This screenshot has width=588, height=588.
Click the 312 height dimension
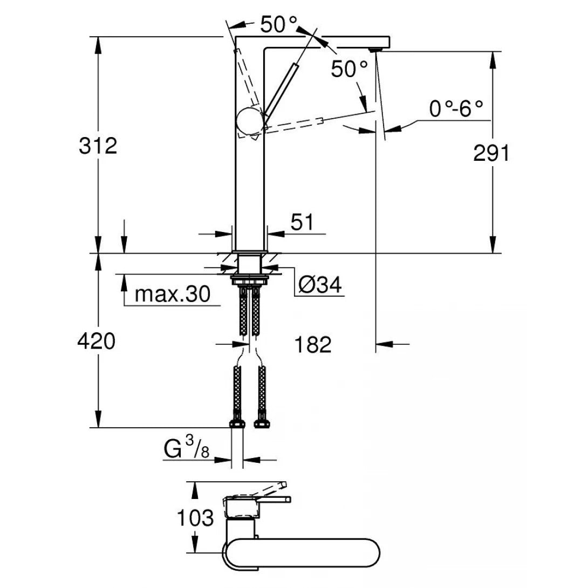97,146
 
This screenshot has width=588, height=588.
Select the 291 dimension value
491,154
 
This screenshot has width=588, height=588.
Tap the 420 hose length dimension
97,341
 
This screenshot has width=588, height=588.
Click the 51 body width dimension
302,222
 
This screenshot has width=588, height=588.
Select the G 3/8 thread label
186,448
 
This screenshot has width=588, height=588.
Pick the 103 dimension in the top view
195,518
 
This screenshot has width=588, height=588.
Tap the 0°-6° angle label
456,109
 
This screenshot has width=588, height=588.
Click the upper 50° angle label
278,25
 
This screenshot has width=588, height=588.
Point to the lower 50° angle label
349,69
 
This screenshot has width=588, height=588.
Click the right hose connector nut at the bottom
263,421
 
